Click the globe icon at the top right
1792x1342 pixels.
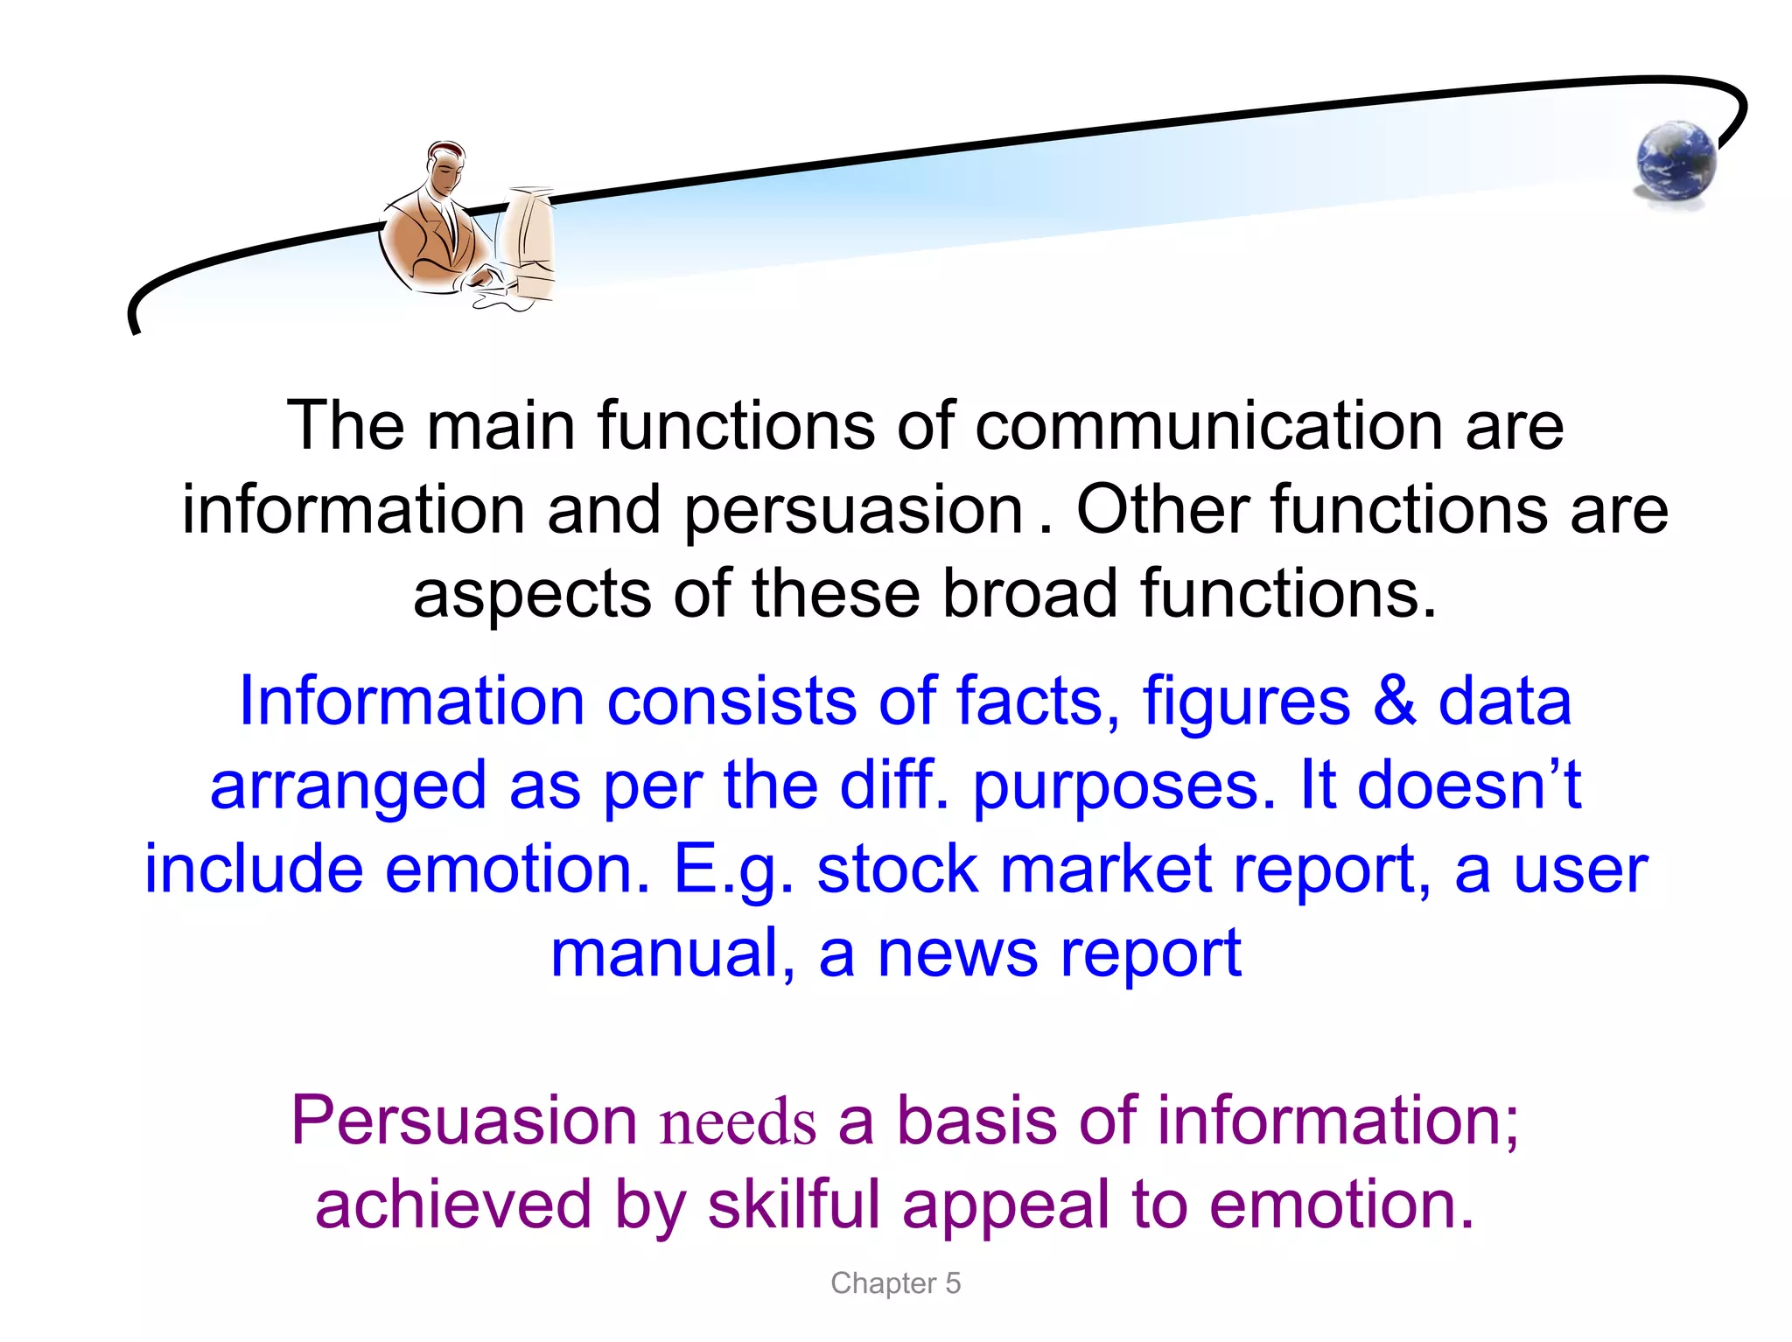(1676, 162)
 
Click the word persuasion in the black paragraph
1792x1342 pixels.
(852, 511)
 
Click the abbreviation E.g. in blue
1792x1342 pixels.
(733, 870)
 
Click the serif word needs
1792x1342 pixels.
(738, 1122)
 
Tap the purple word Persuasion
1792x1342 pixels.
(464, 1121)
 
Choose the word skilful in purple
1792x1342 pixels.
(793, 1205)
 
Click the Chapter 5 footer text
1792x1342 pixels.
(895, 1283)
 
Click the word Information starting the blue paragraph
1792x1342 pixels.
(411, 702)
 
